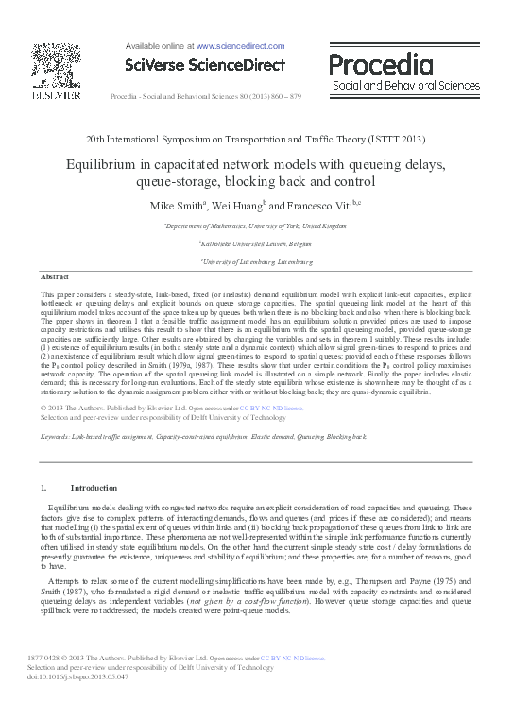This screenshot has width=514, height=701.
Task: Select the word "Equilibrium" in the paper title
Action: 103,164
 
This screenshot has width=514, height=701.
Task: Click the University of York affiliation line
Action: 255,226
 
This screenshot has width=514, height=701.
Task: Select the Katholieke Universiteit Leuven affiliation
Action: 255,243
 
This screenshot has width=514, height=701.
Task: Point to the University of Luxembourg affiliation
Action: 255,260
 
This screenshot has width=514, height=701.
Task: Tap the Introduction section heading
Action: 94,488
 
